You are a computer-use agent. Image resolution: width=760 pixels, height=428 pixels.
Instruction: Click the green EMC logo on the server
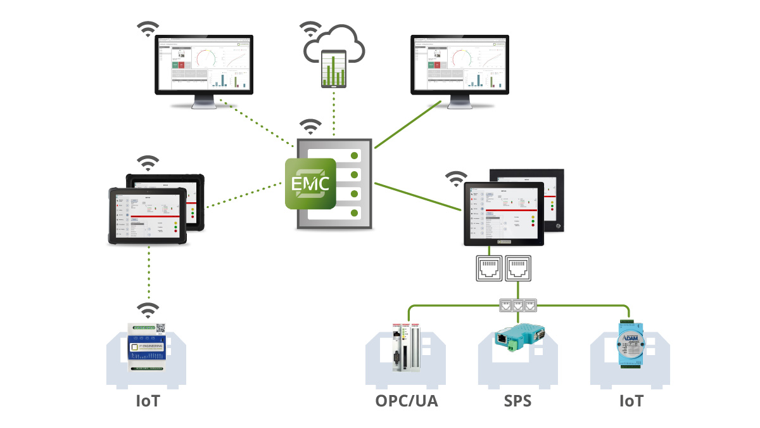pyautogui.click(x=310, y=183)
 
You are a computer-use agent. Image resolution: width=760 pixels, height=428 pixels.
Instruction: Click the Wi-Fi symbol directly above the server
pyautogui.click(x=310, y=127)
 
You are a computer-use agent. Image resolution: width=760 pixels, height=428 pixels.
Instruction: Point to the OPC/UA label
pyautogui.click(x=406, y=401)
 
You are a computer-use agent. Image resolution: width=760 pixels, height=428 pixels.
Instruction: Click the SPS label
pyautogui.click(x=518, y=401)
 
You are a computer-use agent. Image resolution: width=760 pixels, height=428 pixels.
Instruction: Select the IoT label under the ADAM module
pyautogui.click(x=630, y=401)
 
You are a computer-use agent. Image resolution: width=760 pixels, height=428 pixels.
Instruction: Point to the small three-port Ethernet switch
pyautogui.click(x=519, y=304)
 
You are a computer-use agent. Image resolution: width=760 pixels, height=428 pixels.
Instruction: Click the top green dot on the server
pyautogui.click(x=355, y=155)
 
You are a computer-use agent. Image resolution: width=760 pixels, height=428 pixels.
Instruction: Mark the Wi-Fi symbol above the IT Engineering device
pyautogui.click(x=149, y=310)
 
